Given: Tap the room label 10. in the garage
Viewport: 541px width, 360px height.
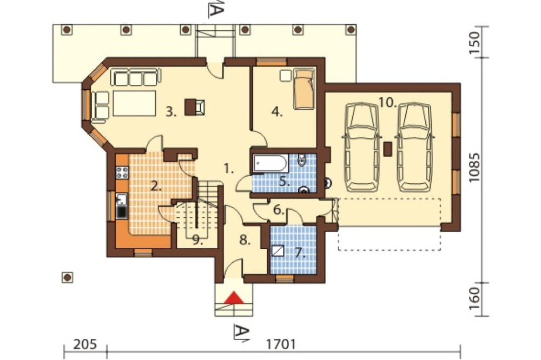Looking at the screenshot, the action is pyautogui.click(x=388, y=102).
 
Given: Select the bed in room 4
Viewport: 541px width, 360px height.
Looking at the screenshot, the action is pyautogui.click(x=304, y=89).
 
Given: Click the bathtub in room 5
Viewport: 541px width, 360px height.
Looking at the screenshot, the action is pyautogui.click(x=270, y=163).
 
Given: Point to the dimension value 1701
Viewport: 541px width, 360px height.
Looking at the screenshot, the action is pyautogui.click(x=281, y=344).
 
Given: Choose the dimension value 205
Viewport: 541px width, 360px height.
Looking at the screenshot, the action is pyautogui.click(x=85, y=344).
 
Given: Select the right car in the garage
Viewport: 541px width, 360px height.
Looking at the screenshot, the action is pyautogui.click(x=414, y=147).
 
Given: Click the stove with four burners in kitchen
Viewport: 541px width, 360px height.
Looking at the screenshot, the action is pyautogui.click(x=122, y=172).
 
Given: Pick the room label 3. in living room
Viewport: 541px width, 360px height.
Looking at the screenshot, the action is pyautogui.click(x=171, y=112).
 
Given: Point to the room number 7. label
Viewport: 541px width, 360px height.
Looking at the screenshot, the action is pyautogui.click(x=300, y=254).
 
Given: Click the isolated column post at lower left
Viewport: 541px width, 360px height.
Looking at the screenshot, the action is pyautogui.click(x=67, y=277).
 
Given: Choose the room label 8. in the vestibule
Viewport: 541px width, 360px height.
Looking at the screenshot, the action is pyautogui.click(x=245, y=241).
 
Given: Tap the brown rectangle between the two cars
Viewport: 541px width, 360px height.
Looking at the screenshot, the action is pyautogui.click(x=387, y=149).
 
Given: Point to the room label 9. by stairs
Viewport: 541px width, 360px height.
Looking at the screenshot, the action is pyautogui.click(x=197, y=240).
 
